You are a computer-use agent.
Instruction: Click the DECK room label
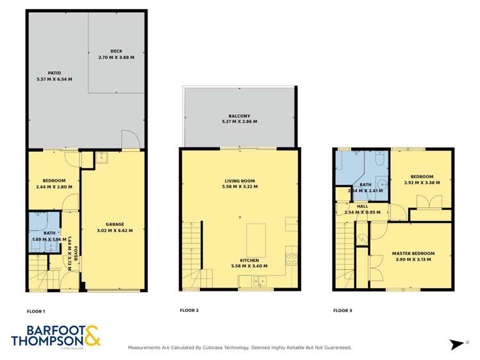click(116, 51)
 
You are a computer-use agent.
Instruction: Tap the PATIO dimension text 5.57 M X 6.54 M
click(54, 79)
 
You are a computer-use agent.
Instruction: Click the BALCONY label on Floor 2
click(239, 116)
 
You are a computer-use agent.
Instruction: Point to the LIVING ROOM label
click(239, 181)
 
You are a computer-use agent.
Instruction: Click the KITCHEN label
click(249, 260)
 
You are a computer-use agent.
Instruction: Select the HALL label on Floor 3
click(362, 206)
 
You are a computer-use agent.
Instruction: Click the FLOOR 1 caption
click(35, 311)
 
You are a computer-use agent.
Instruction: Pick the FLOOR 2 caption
click(189, 311)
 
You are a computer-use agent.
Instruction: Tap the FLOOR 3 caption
click(342, 311)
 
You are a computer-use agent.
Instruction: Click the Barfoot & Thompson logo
click(56, 336)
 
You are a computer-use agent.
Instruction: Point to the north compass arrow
click(457, 344)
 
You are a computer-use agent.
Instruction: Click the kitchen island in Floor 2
click(256, 235)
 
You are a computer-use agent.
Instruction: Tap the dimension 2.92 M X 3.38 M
click(422, 183)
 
